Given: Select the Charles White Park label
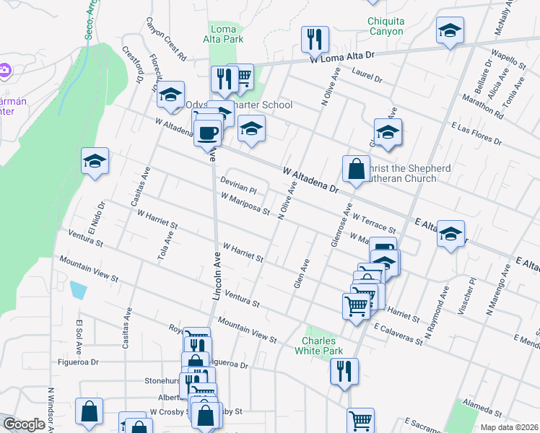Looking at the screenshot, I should (321, 345).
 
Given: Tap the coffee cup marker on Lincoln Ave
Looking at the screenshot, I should (208, 132).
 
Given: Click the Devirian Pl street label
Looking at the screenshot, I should (238, 188).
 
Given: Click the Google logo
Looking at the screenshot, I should (24, 424).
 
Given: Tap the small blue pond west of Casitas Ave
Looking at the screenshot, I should (78, 291).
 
